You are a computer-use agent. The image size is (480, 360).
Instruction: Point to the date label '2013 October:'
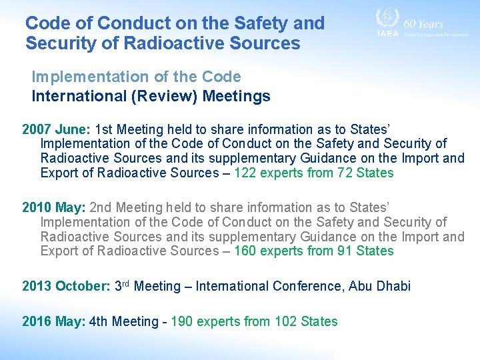coord(66,286)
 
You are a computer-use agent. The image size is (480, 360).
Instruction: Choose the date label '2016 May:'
coord(53,321)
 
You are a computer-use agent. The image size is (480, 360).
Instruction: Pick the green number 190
coord(183,321)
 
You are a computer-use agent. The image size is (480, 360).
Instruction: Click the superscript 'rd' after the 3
coord(125,283)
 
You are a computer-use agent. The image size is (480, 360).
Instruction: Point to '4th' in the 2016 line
coord(98,321)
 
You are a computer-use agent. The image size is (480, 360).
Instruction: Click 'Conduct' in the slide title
coord(133,23)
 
